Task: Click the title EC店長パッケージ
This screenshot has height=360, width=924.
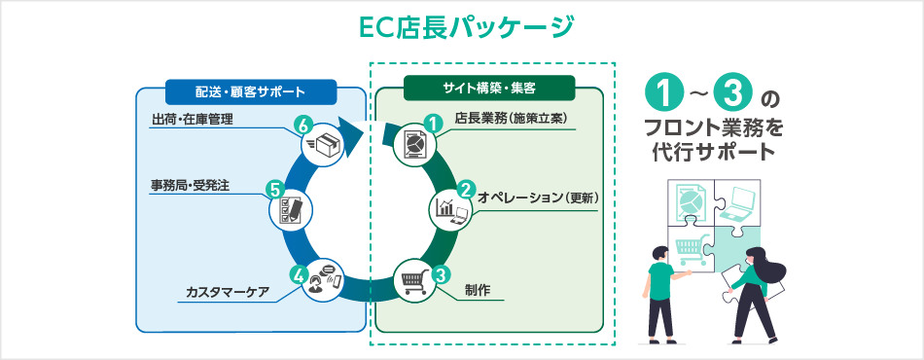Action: click(462, 27)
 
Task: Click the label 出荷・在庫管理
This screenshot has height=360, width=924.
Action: click(192, 120)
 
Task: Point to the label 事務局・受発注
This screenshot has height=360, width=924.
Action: click(189, 185)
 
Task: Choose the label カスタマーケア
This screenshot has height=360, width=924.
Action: click(227, 291)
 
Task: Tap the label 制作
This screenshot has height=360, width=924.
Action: click(477, 290)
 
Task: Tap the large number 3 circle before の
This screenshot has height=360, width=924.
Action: click(732, 95)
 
